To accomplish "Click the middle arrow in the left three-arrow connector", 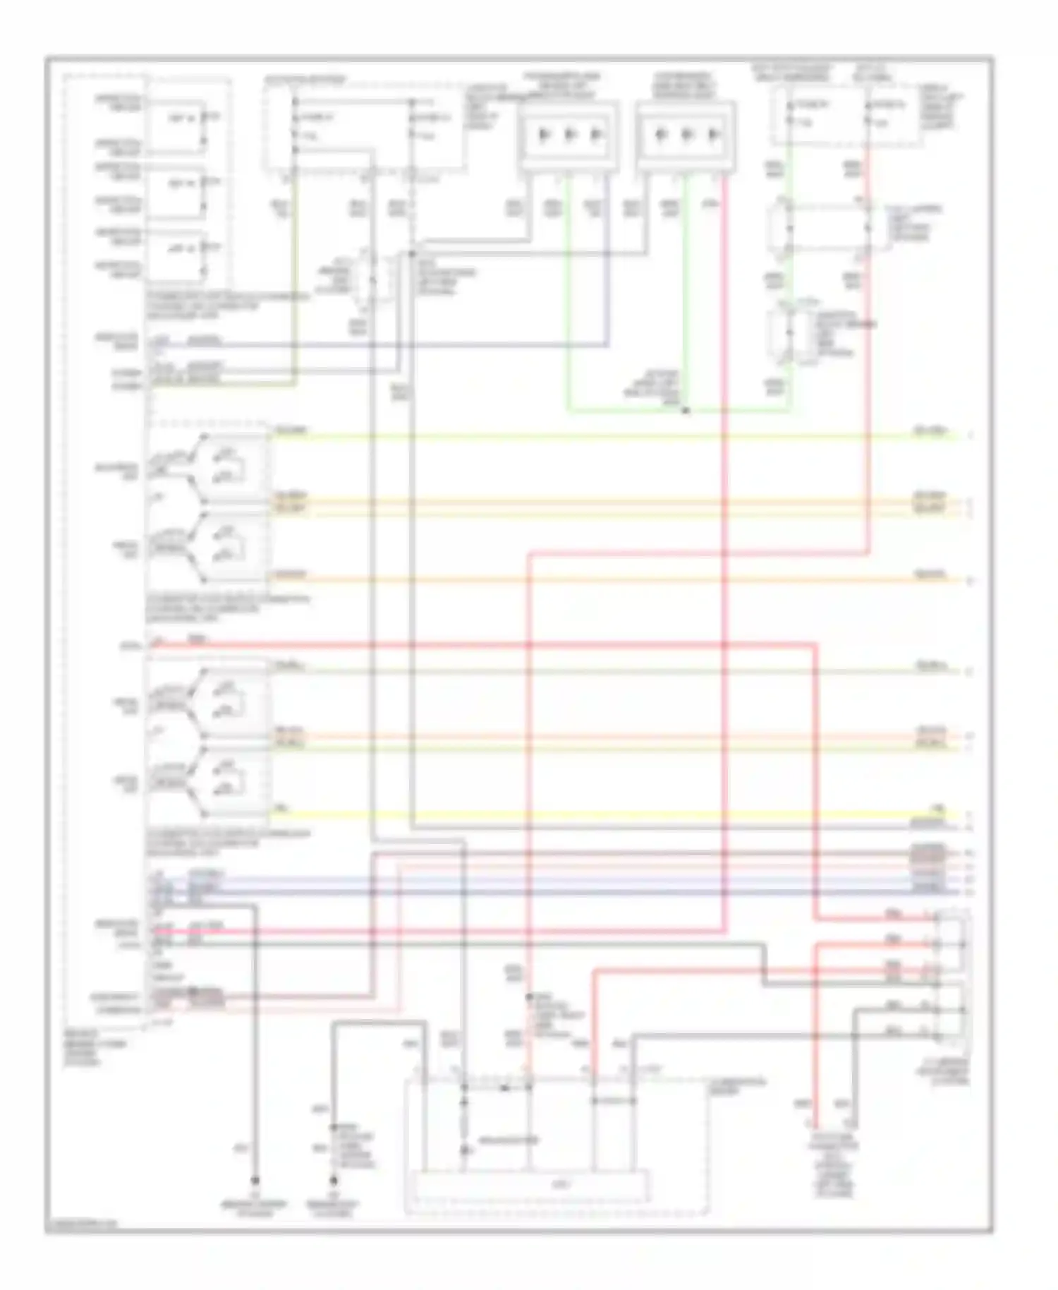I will [x=570, y=134].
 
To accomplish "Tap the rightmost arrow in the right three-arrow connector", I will [x=714, y=134].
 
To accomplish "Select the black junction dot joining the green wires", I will [x=686, y=410].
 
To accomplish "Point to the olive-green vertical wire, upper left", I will [x=295, y=282].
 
